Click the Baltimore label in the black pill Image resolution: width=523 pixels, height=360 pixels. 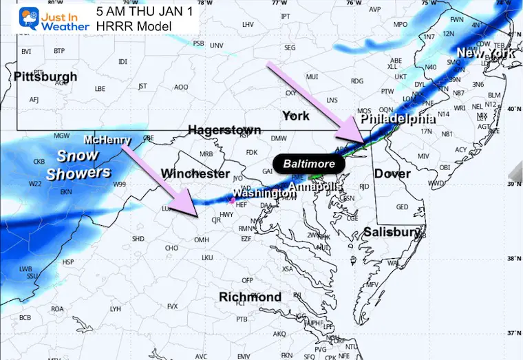(309, 165)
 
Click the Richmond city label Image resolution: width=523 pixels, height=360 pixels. (250, 297)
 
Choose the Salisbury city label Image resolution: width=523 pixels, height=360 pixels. (392, 232)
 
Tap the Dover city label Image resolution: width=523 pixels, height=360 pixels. (392, 174)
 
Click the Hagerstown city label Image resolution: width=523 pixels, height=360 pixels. (224, 130)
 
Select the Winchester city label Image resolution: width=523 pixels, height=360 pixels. (195, 172)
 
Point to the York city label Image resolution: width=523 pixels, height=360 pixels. (296, 116)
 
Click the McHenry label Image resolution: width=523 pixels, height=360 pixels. (108, 140)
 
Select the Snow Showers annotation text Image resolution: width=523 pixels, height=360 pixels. (78, 165)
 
